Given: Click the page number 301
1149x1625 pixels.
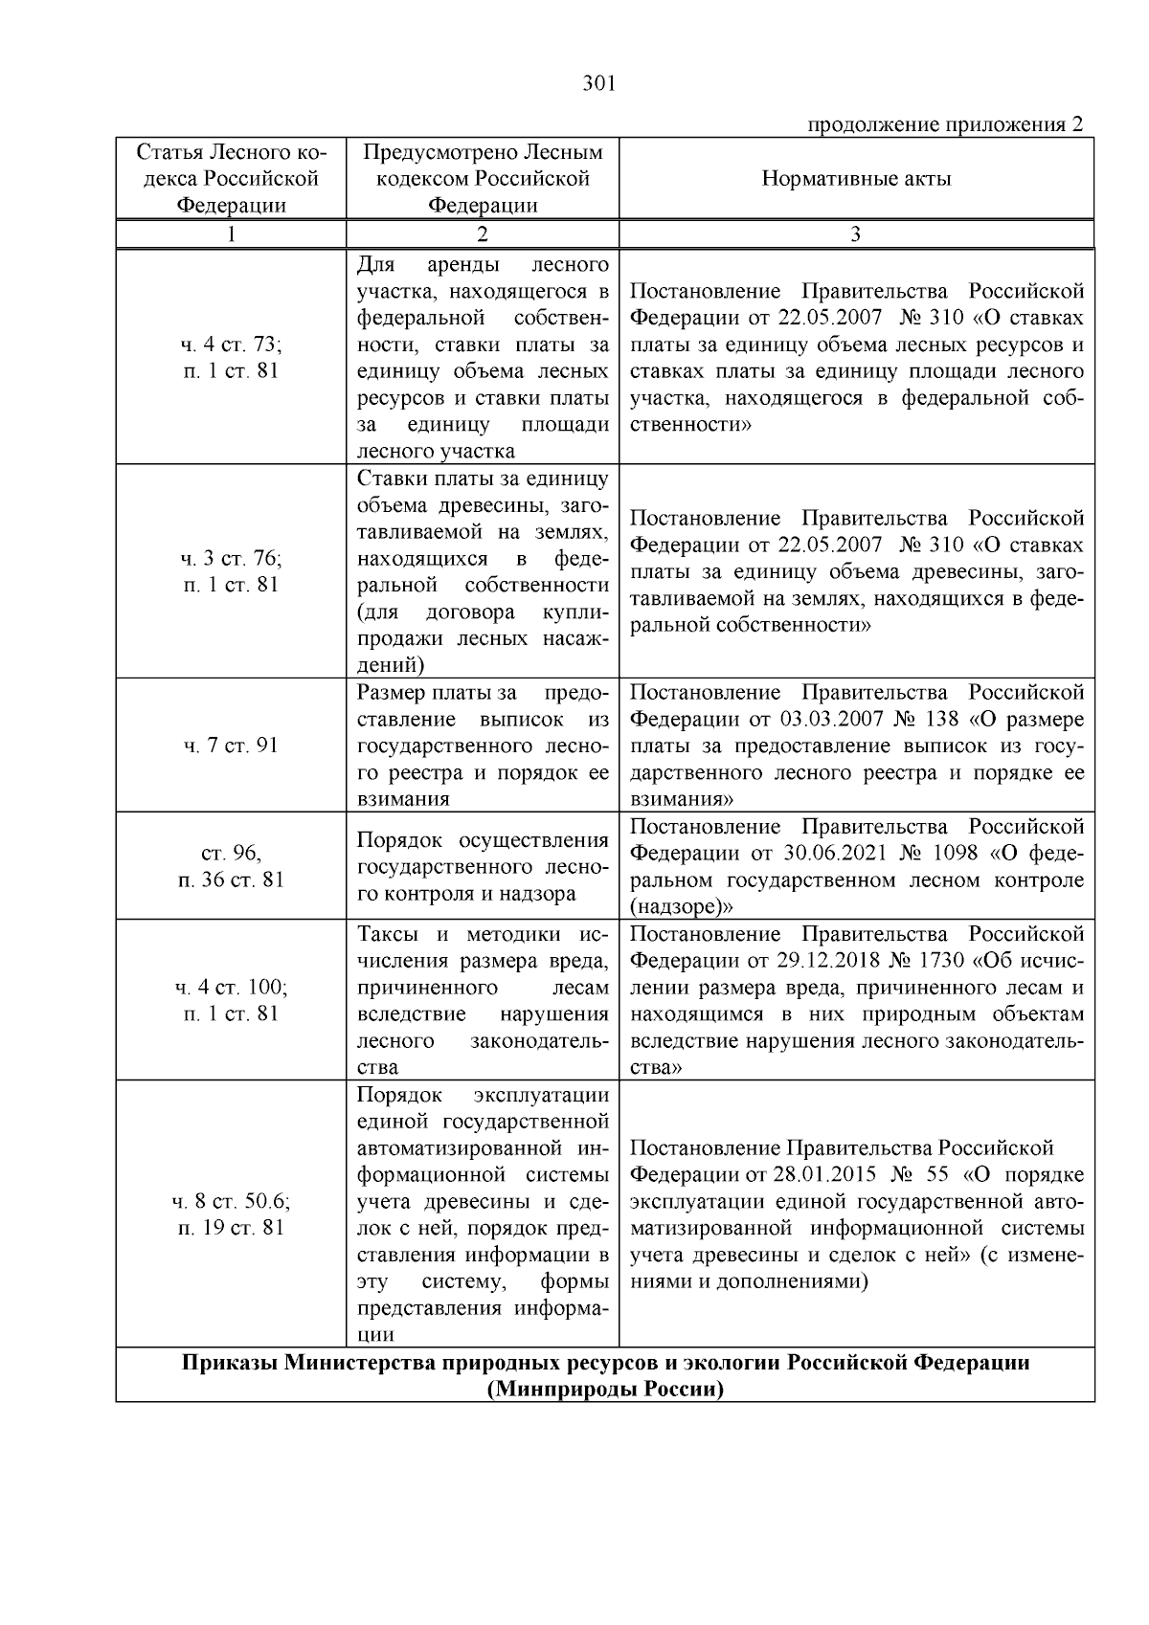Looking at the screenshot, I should click(x=598, y=84).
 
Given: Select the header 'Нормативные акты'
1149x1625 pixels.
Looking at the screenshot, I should click(x=856, y=179).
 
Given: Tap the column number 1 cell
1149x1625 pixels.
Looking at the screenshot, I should click(x=231, y=234).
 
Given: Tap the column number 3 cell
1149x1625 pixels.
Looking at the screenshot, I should click(x=856, y=234).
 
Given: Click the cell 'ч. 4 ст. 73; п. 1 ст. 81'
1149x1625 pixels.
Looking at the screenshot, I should click(x=231, y=358).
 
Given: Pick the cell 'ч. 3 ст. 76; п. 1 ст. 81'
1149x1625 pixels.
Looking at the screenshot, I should click(x=231, y=571).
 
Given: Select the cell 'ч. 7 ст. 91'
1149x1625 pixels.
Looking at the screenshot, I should click(x=231, y=746).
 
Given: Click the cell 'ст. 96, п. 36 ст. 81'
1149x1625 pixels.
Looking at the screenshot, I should click(x=231, y=866).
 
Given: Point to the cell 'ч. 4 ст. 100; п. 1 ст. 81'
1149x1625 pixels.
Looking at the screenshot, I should click(x=231, y=1000).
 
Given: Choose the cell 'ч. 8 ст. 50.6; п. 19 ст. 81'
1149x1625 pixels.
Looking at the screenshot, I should click(x=231, y=1213).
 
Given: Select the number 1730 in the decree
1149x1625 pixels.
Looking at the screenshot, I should click(x=940, y=961).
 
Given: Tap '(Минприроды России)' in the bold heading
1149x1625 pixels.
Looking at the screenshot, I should click(x=605, y=1389).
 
